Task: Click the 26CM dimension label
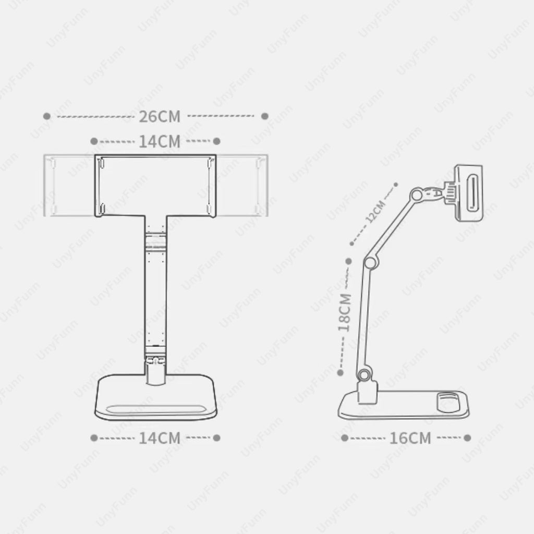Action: tap(160, 116)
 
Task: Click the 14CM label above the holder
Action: tap(160, 141)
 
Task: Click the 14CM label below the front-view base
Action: tap(160, 438)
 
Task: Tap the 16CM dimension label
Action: tap(410, 438)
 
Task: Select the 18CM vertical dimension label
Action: tap(344, 312)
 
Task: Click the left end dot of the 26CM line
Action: tap(47, 116)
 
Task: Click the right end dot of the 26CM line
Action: tap(265, 116)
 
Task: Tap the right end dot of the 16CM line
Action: tap(468, 438)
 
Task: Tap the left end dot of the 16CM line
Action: tap(345, 438)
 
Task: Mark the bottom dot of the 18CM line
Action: tap(341, 372)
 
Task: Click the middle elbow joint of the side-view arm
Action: tap(370, 260)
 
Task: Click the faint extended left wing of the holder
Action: tap(68, 186)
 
